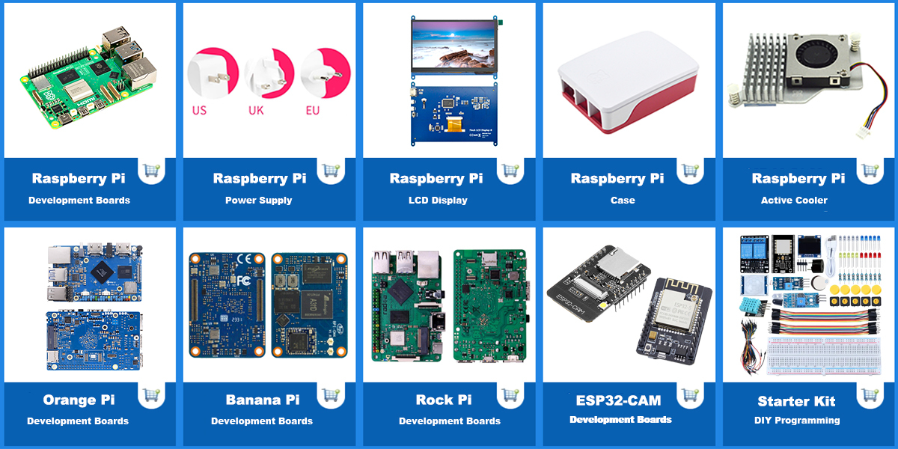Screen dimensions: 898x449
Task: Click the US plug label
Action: click(199, 110)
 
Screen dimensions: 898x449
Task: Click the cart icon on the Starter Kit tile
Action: click(870, 394)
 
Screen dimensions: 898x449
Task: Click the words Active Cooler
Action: click(794, 201)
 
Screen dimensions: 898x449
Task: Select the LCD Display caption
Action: click(438, 201)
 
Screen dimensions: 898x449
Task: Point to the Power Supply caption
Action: click(258, 201)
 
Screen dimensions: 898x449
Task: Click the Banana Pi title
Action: click(263, 400)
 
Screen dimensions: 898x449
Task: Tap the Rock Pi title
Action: click(444, 400)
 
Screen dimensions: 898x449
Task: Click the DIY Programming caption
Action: click(797, 421)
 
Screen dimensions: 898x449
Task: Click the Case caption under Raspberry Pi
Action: click(623, 201)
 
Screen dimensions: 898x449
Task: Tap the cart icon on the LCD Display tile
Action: click(510, 171)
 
